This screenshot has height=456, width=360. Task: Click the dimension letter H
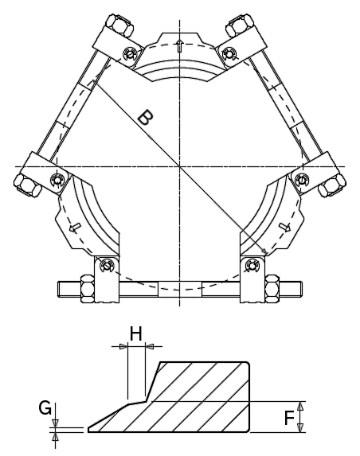tap(135, 334)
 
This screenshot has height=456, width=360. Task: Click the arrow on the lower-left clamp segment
tap(76, 228)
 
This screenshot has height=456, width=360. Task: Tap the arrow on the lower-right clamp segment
tap(284, 228)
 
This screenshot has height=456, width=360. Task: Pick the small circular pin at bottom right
tap(252, 264)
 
